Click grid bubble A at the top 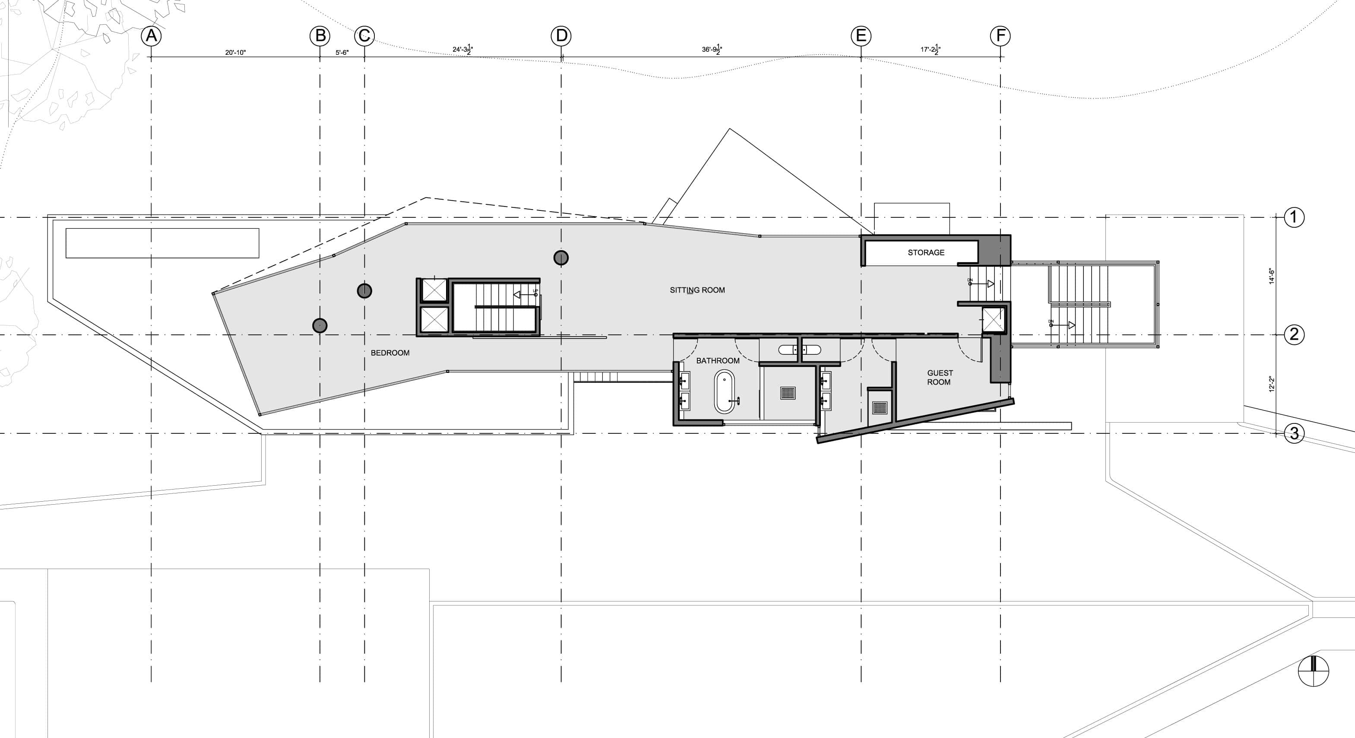pos(152,36)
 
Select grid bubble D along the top pos(561,36)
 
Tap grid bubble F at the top pos(1000,36)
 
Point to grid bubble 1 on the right pos(1294,217)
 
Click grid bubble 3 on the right pos(1294,434)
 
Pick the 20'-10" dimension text pos(236,53)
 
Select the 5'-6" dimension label pos(342,53)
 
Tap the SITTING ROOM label pos(697,290)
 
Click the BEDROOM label pos(390,353)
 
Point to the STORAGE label pos(926,253)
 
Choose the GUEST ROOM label pos(940,377)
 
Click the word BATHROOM pos(718,361)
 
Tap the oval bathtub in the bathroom pos(724,391)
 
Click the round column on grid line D pos(561,258)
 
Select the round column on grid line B pos(320,325)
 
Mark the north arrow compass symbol pos(1314,671)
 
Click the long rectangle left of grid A pos(162,243)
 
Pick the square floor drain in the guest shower pos(880,407)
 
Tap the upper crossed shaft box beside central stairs pos(434,290)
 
